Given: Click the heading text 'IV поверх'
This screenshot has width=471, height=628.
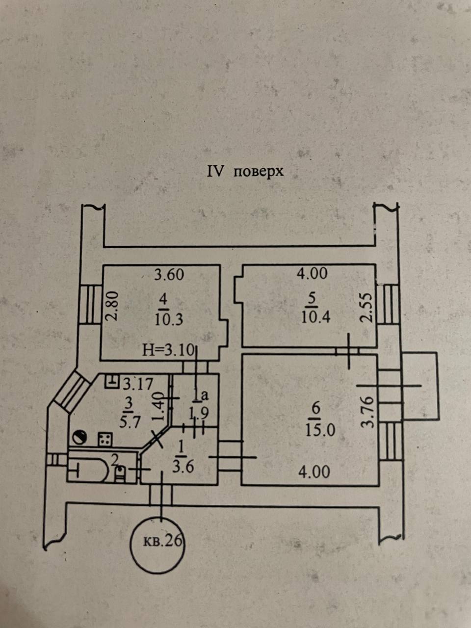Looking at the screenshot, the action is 245,172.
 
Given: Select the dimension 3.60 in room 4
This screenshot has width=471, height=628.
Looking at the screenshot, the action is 169,275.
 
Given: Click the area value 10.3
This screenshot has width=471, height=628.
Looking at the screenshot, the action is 169,319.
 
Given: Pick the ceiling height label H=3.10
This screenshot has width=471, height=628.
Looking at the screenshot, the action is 168,350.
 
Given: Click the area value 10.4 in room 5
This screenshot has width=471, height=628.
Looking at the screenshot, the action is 315,317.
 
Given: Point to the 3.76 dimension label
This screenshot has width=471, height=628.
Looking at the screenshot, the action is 367,411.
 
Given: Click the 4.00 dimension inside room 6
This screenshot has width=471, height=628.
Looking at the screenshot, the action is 314,472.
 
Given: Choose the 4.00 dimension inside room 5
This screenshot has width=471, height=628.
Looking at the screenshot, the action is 312,273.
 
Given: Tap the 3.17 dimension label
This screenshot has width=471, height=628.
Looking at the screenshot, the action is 138,384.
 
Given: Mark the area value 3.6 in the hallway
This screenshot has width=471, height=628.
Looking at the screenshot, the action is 183,467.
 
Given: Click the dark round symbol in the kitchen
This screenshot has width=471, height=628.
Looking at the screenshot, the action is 79,438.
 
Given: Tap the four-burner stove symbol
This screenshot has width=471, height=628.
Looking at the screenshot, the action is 105,439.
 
